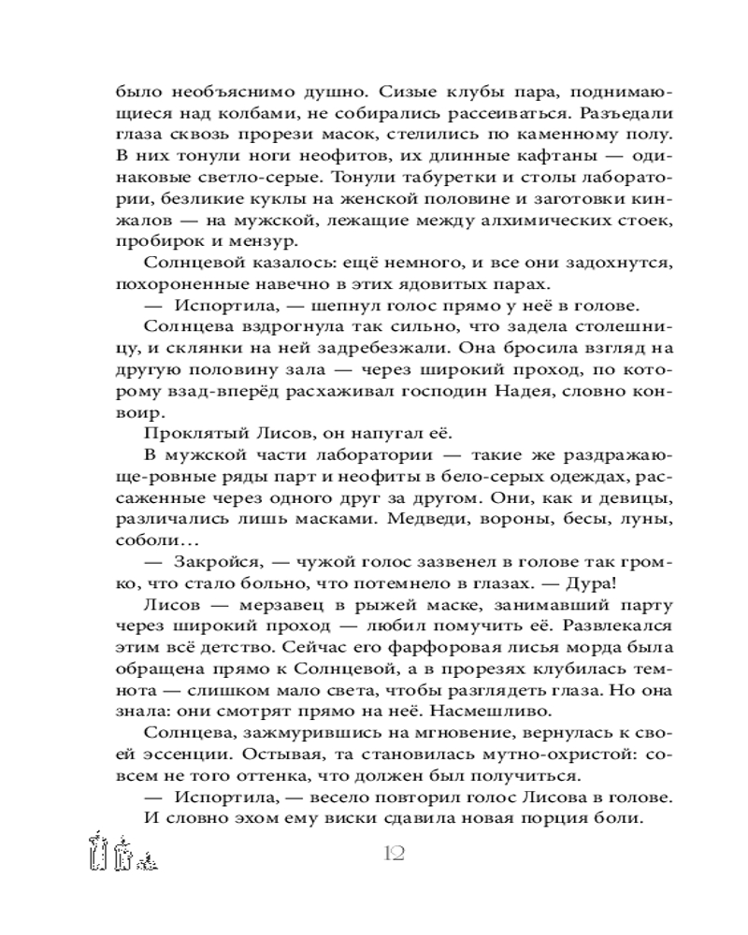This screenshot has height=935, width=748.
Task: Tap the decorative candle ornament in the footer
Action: coord(120,852)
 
